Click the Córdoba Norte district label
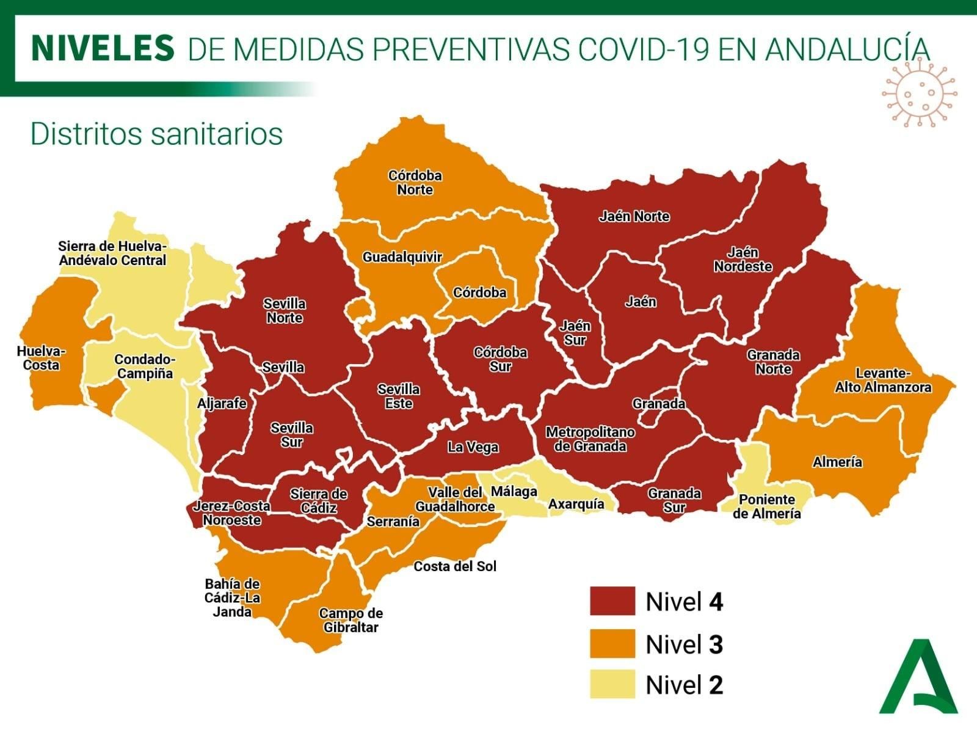415,183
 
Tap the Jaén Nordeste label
743,260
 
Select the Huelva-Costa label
41,358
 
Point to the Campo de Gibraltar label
351,620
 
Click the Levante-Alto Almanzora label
883,380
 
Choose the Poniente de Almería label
767,506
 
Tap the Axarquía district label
576,504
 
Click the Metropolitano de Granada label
590,439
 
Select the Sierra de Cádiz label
318,501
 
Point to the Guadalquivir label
402,257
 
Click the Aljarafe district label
222,403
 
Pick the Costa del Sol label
455,566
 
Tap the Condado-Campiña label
145,366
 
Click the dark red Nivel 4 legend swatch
612,601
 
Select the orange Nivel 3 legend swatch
612,644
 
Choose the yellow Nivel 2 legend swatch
612,684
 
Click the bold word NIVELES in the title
103,49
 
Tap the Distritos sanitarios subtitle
157,134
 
